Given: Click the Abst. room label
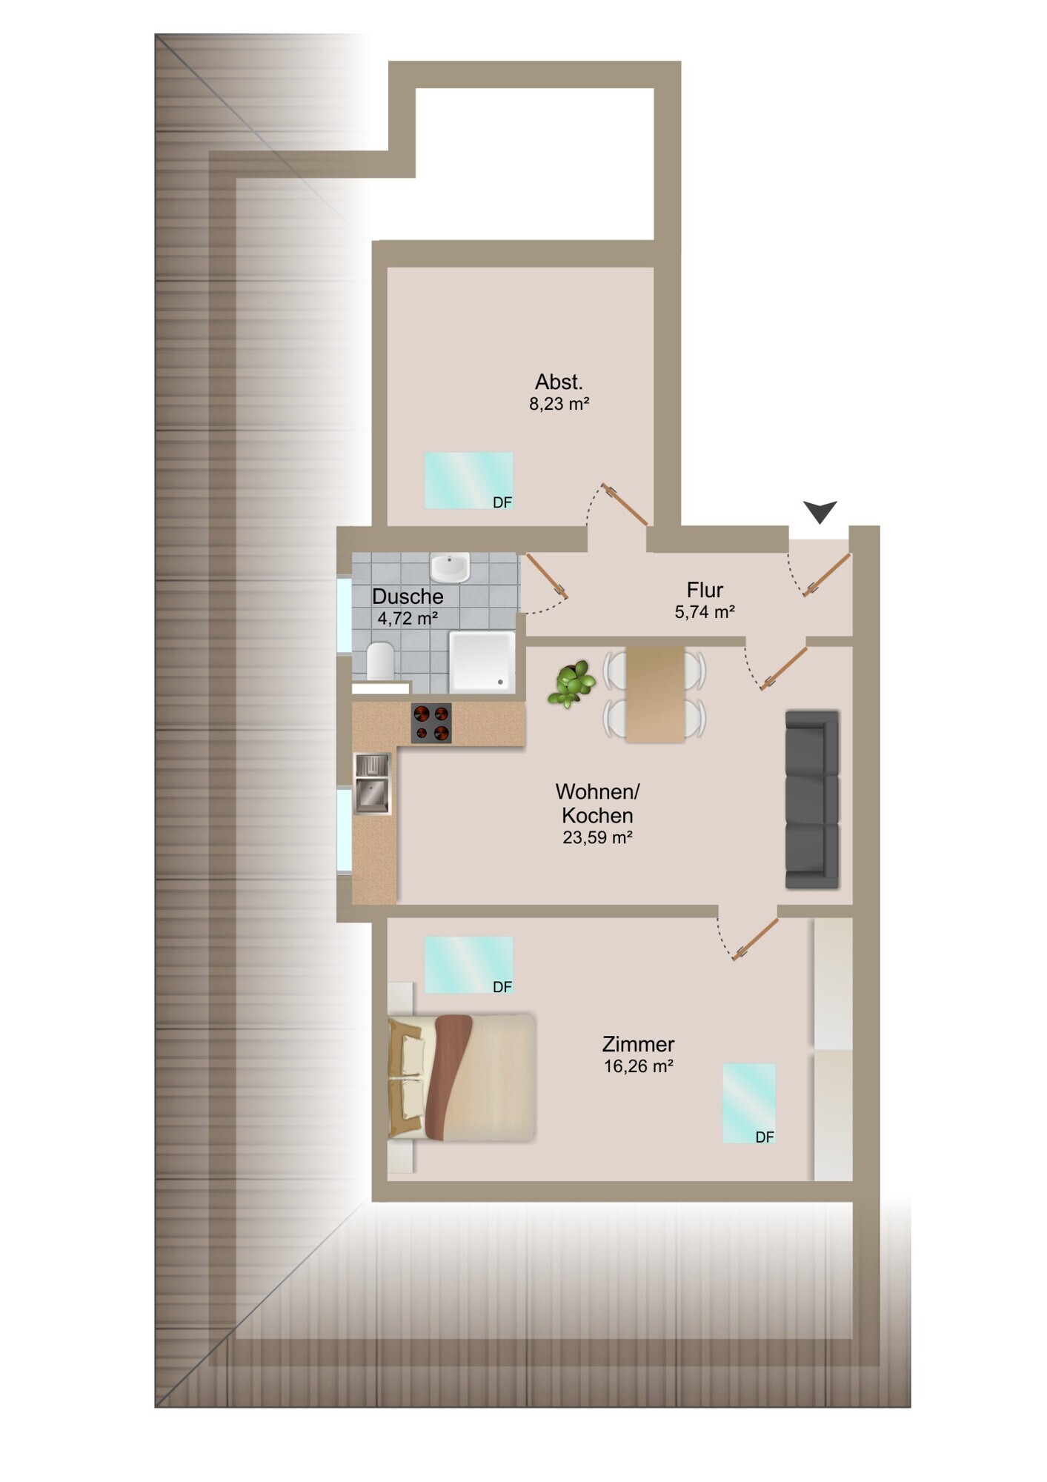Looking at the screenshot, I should (x=559, y=382).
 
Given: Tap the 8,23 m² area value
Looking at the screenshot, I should (x=559, y=404).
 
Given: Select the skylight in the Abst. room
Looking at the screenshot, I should (x=468, y=480).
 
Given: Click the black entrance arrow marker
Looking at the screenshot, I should (x=820, y=511).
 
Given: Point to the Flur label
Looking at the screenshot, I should (x=704, y=590).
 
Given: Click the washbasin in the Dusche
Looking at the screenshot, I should (x=450, y=568).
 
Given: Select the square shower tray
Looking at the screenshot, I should (x=482, y=662).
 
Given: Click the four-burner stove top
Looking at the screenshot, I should (x=431, y=723).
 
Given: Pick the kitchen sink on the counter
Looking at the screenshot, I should (x=372, y=784).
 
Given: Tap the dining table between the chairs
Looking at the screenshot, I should (x=655, y=695).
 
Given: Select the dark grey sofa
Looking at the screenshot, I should (x=812, y=799).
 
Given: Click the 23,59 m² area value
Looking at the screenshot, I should (x=597, y=837).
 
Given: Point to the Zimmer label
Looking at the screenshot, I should (x=638, y=1044).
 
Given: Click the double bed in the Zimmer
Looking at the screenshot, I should (x=462, y=1077).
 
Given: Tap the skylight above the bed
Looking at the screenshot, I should (x=468, y=964).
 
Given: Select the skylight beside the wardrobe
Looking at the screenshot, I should (x=749, y=1103).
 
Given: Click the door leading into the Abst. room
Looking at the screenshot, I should (x=626, y=504).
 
